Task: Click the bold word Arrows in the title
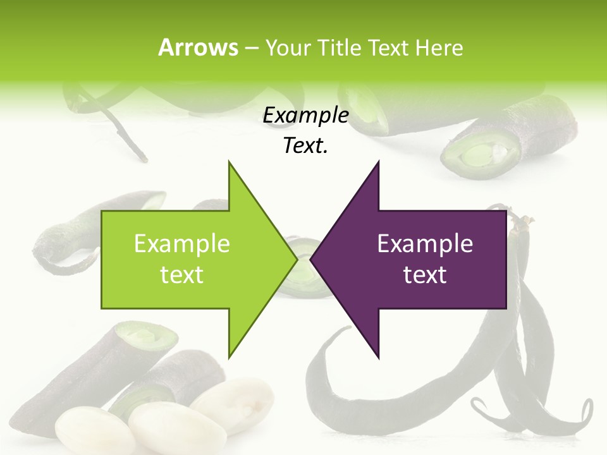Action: tap(198, 47)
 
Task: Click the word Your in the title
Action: tap(286, 48)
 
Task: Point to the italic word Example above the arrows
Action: tap(305, 115)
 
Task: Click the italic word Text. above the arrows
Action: tap(305, 145)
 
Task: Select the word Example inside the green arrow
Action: tap(181, 244)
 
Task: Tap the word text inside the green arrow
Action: tap(181, 275)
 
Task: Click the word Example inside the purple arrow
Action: tap(425, 244)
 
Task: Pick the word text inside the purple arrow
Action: tap(425, 275)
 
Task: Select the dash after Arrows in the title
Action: tap(250, 48)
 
